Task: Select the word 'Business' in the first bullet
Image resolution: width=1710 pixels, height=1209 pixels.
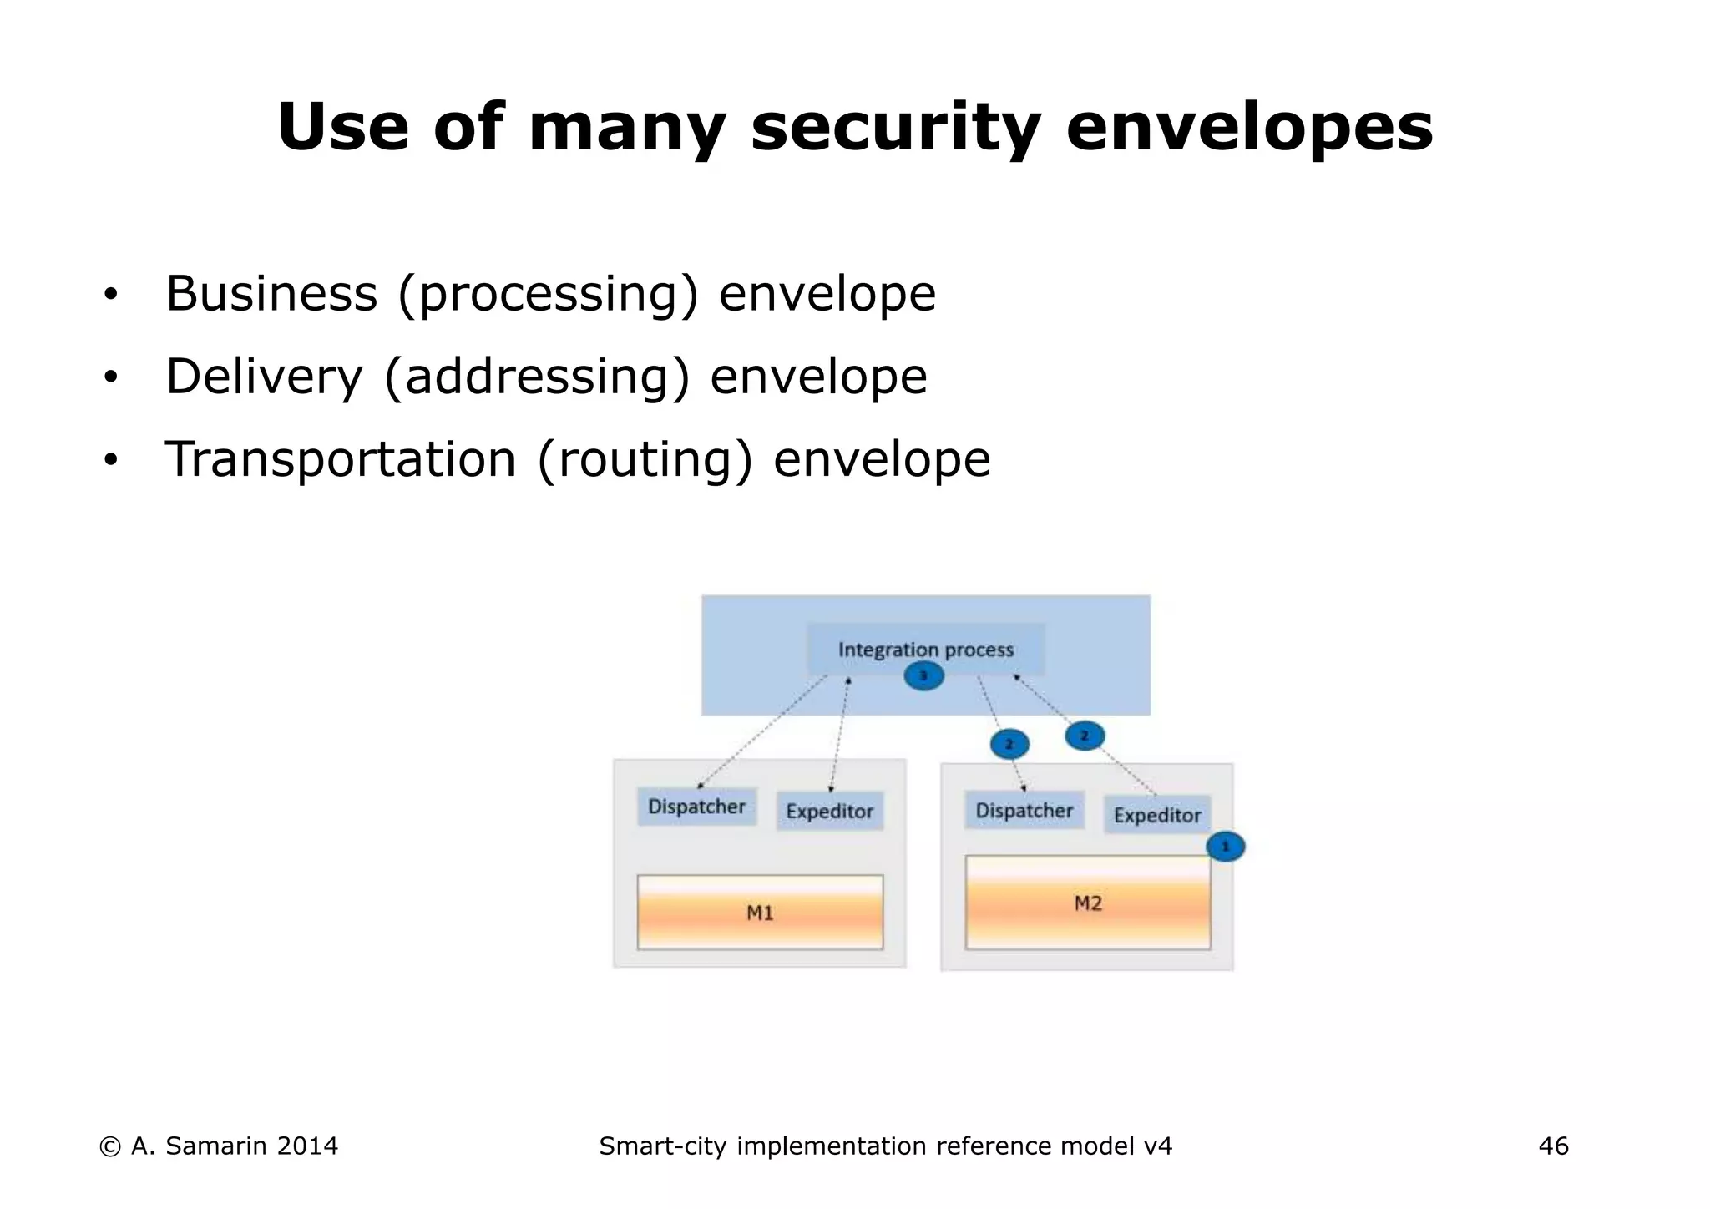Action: tap(271, 294)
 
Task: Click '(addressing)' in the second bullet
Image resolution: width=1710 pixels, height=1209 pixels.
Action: tap(537, 377)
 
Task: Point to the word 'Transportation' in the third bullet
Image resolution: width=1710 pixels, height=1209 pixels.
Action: tap(341, 459)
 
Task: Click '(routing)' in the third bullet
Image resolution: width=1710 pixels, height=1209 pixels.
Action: tap(645, 459)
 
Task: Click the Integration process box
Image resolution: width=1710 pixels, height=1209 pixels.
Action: tap(925, 648)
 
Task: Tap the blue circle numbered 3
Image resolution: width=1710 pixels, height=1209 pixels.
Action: tap(923, 675)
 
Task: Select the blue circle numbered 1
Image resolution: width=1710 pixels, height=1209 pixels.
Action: tap(1225, 847)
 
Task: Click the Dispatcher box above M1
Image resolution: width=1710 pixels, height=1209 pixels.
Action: tap(696, 807)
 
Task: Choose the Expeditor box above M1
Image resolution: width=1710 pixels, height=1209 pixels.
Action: tap(829, 811)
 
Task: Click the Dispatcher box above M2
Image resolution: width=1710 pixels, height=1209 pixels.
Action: tap(1024, 810)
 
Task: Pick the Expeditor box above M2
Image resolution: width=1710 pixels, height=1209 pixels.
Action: tap(1157, 815)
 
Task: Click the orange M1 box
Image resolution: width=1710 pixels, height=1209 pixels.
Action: tap(760, 913)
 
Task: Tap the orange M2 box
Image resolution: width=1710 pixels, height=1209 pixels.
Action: tap(1087, 903)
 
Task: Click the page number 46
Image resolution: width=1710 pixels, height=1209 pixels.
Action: tap(1553, 1146)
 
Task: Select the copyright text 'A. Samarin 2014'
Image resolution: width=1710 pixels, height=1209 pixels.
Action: tap(234, 1146)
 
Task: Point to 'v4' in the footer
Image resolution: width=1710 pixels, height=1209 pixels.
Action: tap(1157, 1146)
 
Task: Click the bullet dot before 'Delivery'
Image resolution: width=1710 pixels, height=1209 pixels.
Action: tap(110, 378)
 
